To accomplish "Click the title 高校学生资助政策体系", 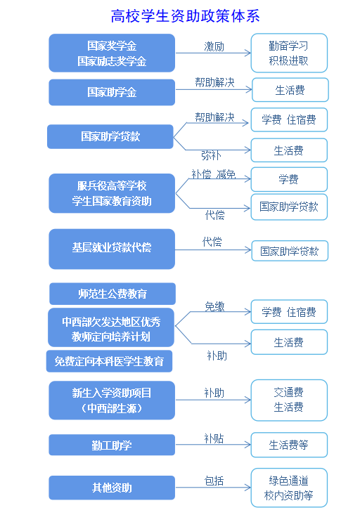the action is (185, 16).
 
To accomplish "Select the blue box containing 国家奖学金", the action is (112, 53).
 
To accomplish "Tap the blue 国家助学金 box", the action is (112, 92).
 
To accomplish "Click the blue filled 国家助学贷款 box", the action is (110, 136).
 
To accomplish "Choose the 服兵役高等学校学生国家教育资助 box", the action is (112, 193).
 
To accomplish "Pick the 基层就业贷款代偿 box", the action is (112, 249).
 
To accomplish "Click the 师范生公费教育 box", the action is (112, 294).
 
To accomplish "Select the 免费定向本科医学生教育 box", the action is (109, 361).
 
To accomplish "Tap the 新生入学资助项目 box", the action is (112, 400).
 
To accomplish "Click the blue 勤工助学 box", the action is (112, 445).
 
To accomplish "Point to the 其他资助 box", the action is (112, 488).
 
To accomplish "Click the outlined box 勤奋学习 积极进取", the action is (289, 53).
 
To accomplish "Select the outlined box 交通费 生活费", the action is (289, 400).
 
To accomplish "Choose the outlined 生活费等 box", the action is (289, 445).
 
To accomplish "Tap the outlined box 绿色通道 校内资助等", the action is (289, 488).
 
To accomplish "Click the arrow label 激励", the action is (214, 46).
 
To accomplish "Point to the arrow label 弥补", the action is (211, 155).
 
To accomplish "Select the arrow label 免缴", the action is (214, 306).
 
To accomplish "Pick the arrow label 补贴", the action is (214, 438).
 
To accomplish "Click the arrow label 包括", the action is (214, 481).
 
